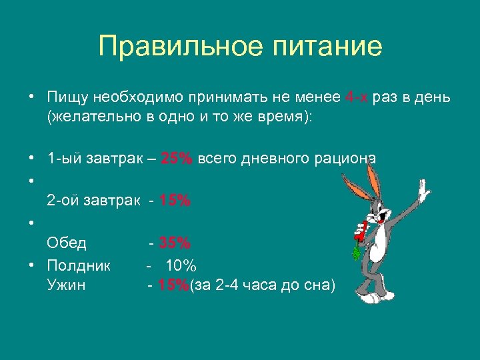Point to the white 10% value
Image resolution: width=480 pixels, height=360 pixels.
pos(181,265)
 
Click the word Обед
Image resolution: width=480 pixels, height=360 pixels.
pos(67,243)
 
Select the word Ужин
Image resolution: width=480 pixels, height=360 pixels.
pos(66,286)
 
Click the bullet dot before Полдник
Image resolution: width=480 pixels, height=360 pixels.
pos(31,265)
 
